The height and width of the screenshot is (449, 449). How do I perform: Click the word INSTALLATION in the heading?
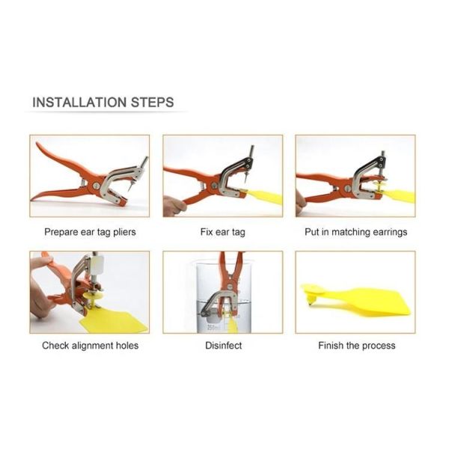[79, 103]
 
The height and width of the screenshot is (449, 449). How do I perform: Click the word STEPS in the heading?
[153, 103]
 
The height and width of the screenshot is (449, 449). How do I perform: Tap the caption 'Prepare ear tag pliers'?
[90, 232]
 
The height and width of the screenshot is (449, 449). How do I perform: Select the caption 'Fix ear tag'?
[223, 232]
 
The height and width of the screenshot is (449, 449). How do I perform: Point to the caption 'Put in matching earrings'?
[355, 232]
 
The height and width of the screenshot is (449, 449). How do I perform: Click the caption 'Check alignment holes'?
[91, 345]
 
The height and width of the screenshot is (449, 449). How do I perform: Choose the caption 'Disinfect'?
[223, 345]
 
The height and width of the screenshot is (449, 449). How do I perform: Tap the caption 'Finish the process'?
[356, 345]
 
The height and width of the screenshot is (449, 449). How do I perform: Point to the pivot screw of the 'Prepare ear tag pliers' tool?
[97, 186]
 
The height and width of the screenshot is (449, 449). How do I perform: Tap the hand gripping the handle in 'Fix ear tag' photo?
[174, 205]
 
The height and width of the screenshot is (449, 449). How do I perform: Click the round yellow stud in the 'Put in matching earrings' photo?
[381, 186]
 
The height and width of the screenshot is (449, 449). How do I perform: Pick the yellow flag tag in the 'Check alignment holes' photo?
[114, 321]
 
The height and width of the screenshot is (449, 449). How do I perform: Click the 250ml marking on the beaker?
[213, 328]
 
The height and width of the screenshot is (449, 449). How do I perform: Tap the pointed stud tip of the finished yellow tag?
[310, 304]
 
